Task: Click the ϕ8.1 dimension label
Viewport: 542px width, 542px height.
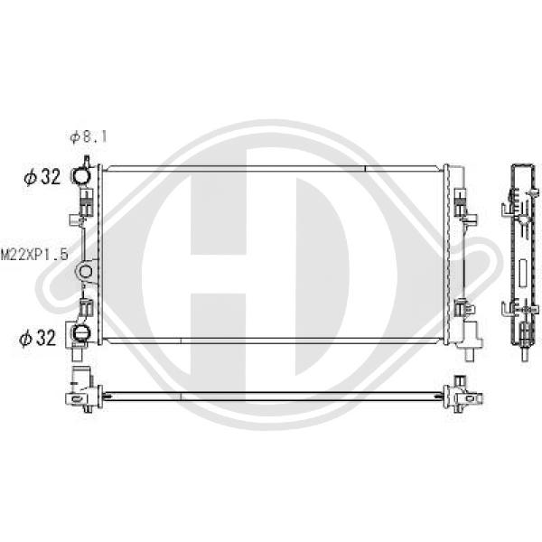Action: pyautogui.click(x=89, y=137)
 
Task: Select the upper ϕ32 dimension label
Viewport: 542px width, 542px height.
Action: pyautogui.click(x=42, y=177)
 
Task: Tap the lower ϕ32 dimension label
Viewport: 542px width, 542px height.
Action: pyautogui.click(x=37, y=337)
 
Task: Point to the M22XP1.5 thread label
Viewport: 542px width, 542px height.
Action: pyautogui.click(x=34, y=256)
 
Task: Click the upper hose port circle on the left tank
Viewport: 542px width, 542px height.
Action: pyautogui.click(x=81, y=176)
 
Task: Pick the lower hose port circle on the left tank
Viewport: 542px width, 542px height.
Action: pyautogui.click(x=81, y=333)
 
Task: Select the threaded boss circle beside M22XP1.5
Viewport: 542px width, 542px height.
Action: pyautogui.click(x=85, y=271)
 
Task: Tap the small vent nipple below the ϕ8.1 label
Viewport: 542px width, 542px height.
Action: pyautogui.click(x=87, y=161)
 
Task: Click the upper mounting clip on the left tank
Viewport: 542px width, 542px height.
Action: pyautogui.click(x=87, y=202)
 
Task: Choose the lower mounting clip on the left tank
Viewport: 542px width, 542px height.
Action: pyautogui.click(x=87, y=308)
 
